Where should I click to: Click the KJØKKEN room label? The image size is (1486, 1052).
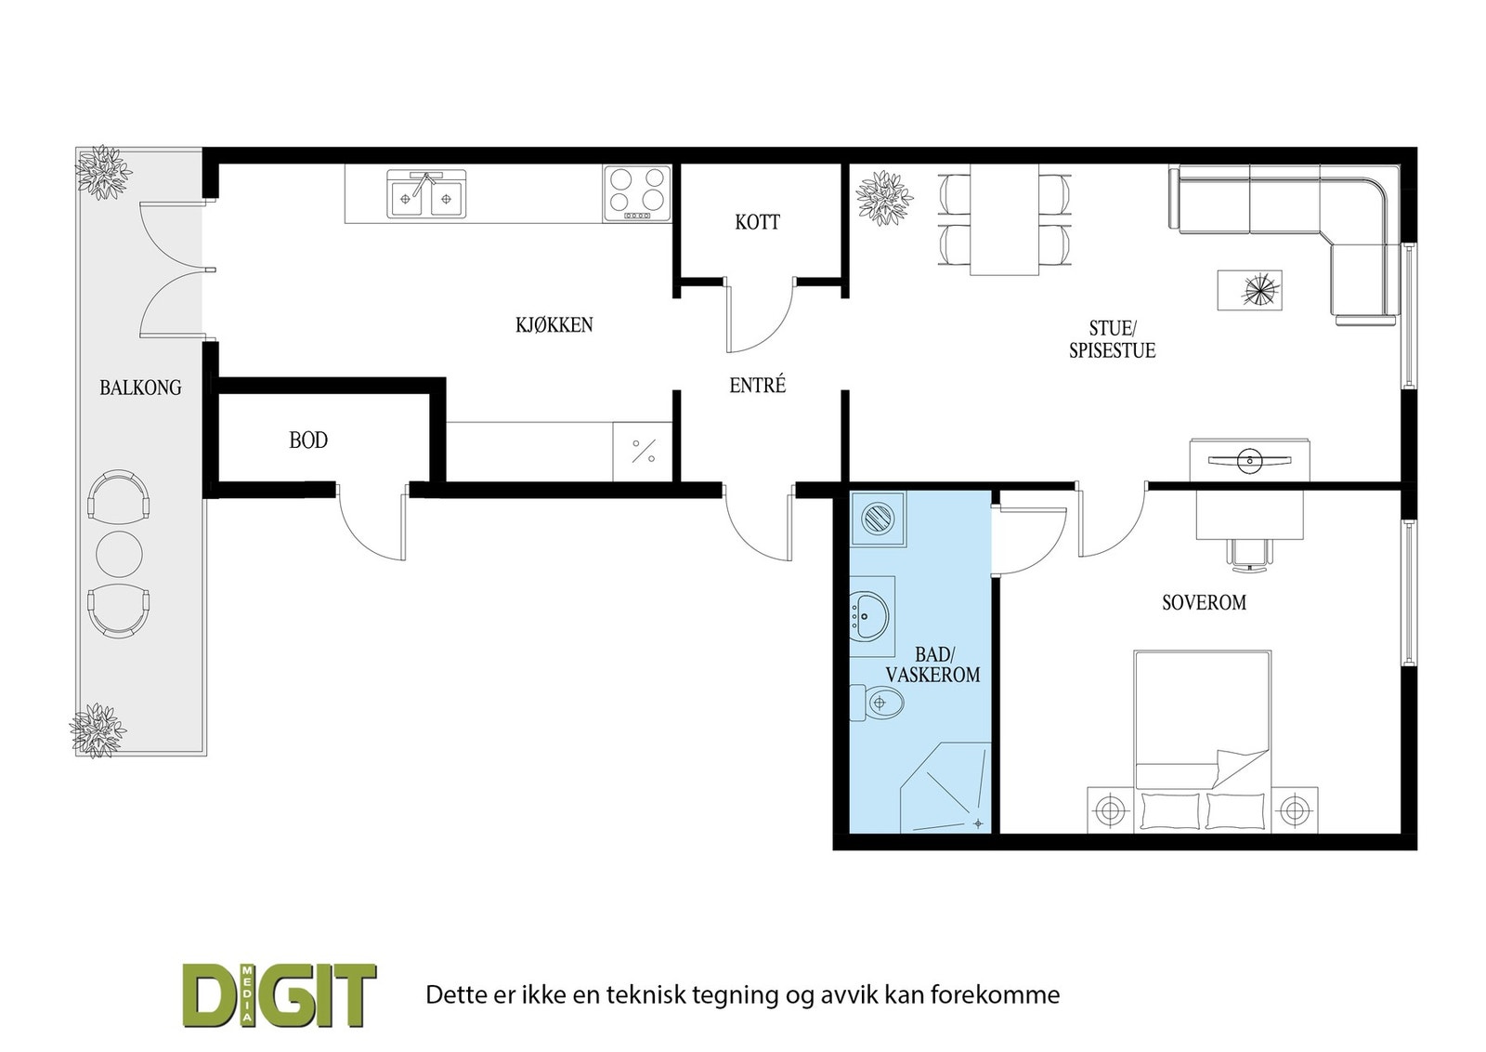point(554,325)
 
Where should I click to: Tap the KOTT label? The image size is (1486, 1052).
point(757,222)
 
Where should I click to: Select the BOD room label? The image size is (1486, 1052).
point(308,441)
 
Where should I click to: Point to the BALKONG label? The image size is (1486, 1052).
point(140,388)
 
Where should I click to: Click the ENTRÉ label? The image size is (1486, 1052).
point(758,385)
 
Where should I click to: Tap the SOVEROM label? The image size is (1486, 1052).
point(1204,602)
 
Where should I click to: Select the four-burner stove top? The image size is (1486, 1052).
point(637,192)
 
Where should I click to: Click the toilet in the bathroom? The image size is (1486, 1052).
point(879,704)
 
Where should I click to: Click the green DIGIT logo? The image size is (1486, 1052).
point(279,994)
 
